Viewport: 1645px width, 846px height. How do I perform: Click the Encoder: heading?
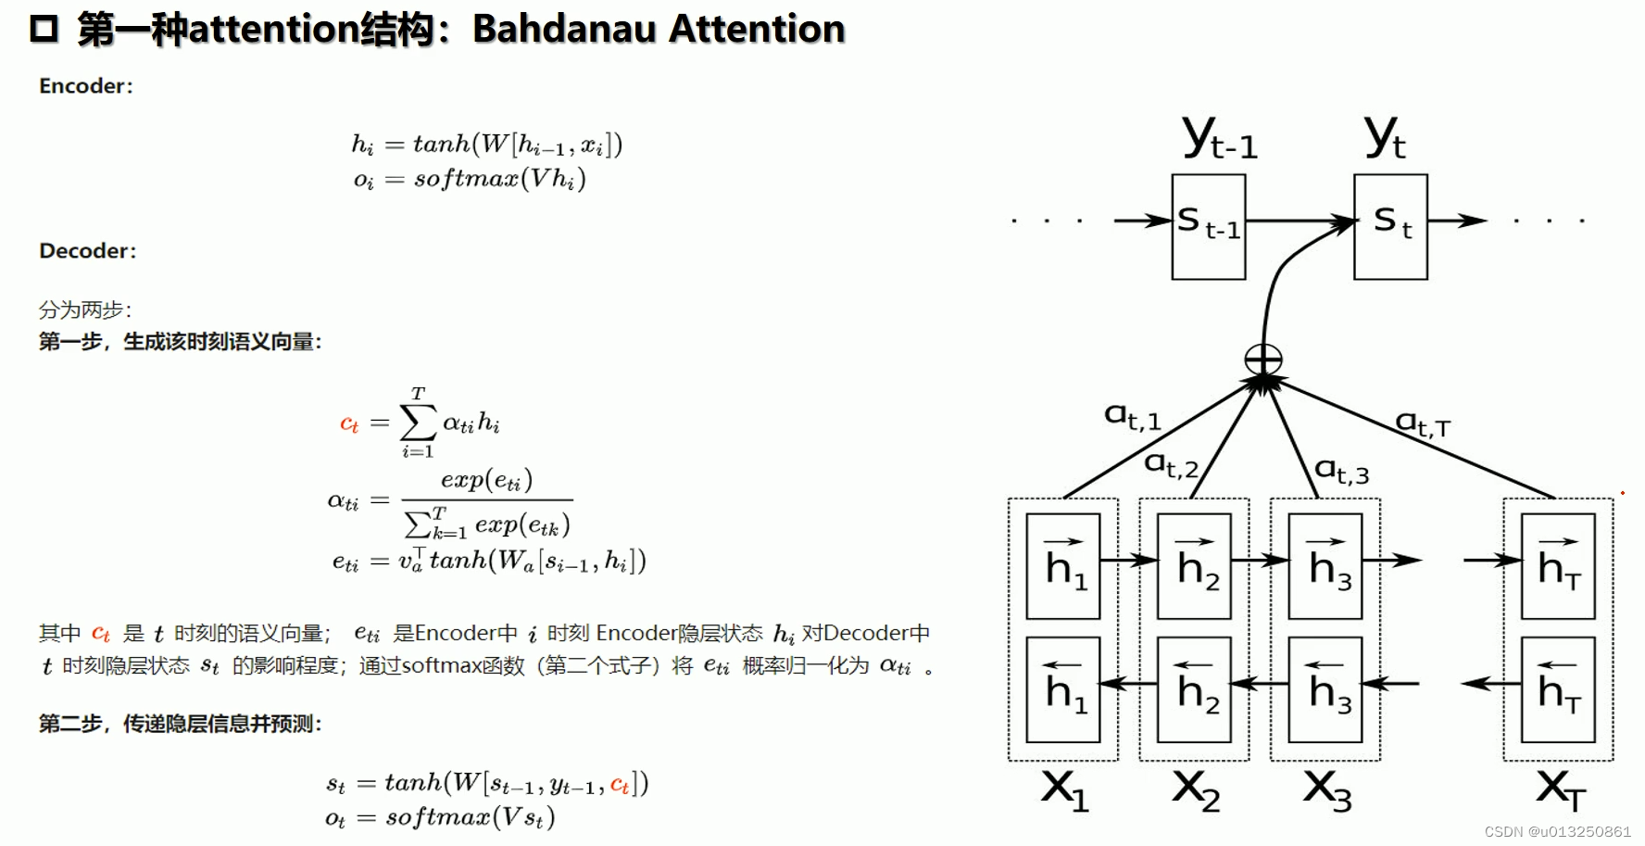point(86,86)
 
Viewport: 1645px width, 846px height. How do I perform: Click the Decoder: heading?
point(88,251)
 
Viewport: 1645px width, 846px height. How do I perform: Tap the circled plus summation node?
point(1263,360)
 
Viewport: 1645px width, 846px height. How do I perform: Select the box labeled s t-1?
point(1208,226)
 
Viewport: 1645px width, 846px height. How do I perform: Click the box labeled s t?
point(1390,226)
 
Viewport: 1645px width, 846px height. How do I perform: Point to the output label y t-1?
point(1220,139)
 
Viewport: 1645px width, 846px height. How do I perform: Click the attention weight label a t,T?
point(1423,424)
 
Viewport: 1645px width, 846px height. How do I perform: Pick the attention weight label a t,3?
point(1341,471)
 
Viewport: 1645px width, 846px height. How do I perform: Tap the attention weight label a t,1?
point(1132,416)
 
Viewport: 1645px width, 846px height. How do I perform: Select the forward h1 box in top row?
point(1063,566)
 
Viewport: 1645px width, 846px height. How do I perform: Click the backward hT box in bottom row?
point(1558,689)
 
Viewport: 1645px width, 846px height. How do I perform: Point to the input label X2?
point(1196,790)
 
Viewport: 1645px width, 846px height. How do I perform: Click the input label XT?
point(1561,790)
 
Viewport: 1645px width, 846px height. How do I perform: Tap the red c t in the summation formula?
point(349,424)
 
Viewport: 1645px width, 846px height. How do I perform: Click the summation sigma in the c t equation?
point(418,423)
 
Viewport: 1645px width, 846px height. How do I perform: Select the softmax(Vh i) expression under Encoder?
point(500,179)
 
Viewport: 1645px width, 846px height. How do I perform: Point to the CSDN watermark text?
point(1557,831)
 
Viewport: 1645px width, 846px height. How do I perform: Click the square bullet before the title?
point(44,29)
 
